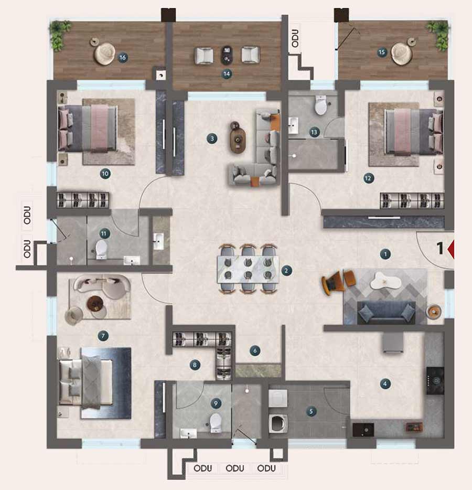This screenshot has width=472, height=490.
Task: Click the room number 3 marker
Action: (212, 139)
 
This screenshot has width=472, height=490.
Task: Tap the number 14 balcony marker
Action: (227, 74)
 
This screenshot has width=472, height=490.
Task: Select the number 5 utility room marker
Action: (311, 411)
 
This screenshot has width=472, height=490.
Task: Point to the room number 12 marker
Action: (369, 178)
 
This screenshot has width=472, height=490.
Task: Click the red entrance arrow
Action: (450, 249)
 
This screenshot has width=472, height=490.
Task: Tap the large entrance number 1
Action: (440, 248)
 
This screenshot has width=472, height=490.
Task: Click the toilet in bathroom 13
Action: (321, 105)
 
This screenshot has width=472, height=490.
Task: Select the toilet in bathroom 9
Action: (215, 423)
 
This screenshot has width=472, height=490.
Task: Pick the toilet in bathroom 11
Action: (101, 249)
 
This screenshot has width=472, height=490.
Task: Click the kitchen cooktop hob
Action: (435, 381)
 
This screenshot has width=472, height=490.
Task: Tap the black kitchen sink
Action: (363, 430)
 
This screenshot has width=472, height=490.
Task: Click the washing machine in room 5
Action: (278, 423)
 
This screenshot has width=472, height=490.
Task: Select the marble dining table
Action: (248, 270)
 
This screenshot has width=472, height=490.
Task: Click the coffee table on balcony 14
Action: (227, 55)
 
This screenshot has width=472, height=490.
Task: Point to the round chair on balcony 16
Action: (104, 54)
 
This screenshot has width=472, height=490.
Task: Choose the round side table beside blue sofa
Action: (434, 311)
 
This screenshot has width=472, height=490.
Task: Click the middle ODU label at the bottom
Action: (235, 468)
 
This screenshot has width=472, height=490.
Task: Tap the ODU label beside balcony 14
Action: (295, 38)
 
